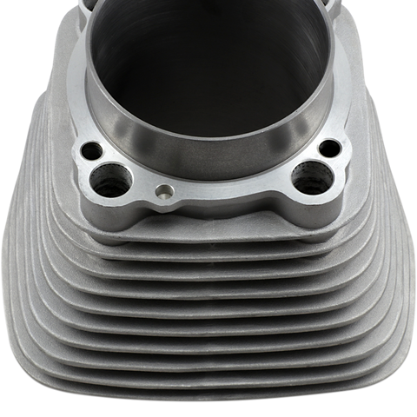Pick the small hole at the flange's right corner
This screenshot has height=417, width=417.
point(329,149)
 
